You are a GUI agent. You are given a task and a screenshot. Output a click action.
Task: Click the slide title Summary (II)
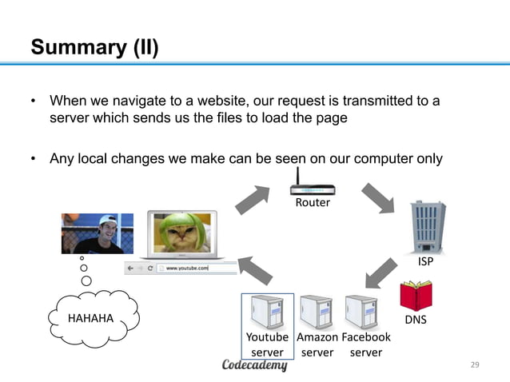(x=94, y=47)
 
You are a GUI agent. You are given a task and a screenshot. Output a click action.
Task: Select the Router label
(x=313, y=203)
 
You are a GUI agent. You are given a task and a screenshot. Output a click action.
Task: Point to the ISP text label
(x=428, y=261)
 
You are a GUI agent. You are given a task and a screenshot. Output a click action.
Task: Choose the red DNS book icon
(x=416, y=296)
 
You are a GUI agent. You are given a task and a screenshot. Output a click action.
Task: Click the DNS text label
(x=416, y=320)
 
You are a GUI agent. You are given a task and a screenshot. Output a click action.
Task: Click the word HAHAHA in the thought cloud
(x=90, y=319)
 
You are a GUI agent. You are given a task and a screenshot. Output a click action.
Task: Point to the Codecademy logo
(x=254, y=366)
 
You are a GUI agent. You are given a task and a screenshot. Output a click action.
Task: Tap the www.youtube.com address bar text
(x=187, y=269)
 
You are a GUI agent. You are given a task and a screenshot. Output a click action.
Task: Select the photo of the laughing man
(x=98, y=233)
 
